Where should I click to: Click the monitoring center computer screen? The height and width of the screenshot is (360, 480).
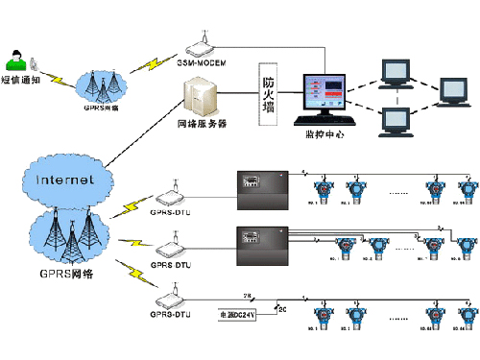(328, 93)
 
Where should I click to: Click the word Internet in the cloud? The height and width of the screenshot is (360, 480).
(65, 180)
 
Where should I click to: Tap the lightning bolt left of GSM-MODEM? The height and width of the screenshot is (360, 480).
(153, 63)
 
